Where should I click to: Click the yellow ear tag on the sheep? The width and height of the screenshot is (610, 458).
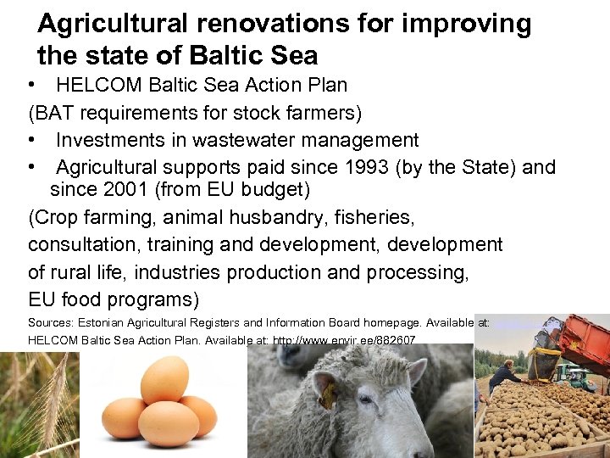[325, 394]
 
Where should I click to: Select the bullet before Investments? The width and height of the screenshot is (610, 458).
[30, 139]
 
